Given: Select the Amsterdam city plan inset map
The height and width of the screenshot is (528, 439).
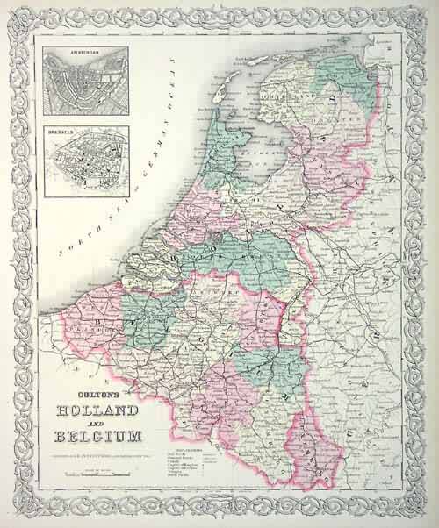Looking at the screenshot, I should pos(86,83).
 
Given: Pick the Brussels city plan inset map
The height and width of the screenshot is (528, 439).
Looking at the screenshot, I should pos(86,162).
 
